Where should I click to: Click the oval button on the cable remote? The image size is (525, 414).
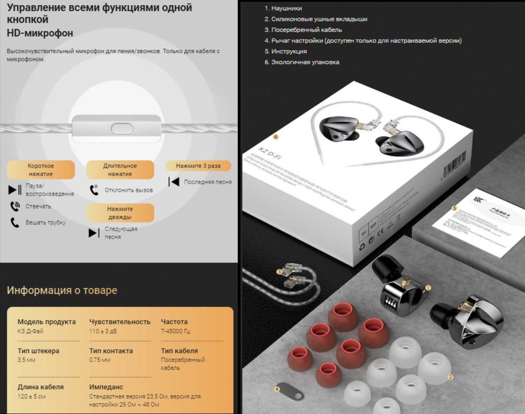(122, 127)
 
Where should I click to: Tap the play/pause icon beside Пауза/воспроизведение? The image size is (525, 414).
(15, 190)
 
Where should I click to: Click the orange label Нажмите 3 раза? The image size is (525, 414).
(198, 166)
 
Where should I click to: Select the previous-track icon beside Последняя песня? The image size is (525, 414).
(173, 182)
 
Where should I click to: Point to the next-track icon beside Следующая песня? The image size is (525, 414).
(94, 232)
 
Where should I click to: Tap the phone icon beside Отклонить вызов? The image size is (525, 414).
(94, 190)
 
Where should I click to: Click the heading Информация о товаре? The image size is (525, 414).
(62, 290)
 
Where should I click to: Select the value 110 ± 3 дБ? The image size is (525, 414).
(104, 331)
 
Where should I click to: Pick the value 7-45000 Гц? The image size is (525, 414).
(175, 331)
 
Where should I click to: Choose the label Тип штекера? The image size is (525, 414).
(38, 351)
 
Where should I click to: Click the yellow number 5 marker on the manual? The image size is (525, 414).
(454, 208)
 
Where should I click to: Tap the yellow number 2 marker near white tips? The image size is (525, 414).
(450, 377)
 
